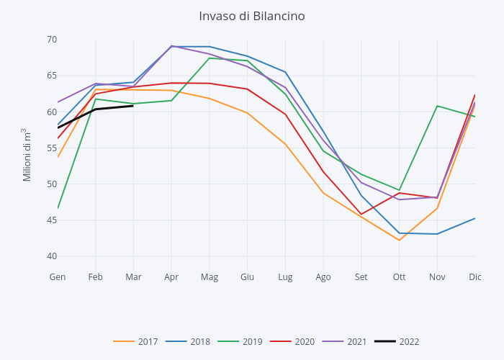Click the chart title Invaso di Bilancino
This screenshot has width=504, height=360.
(x=252, y=16)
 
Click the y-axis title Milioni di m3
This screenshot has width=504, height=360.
(x=27, y=155)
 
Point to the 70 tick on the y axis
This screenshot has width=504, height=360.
(x=52, y=40)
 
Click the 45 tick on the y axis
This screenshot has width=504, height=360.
(x=52, y=220)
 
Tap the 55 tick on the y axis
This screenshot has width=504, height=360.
(x=52, y=148)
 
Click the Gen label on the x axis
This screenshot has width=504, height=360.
(x=58, y=276)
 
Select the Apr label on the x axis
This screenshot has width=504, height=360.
(x=171, y=276)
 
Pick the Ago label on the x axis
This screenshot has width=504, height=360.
(x=323, y=276)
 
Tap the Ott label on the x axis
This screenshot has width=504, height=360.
(x=399, y=276)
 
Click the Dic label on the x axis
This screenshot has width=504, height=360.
(x=474, y=276)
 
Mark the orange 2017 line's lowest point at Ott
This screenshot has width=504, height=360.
(x=399, y=240)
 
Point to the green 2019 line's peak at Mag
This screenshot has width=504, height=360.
(x=210, y=58)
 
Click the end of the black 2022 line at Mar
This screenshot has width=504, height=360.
(x=133, y=106)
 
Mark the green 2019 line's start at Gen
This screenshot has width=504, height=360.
(x=58, y=208)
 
